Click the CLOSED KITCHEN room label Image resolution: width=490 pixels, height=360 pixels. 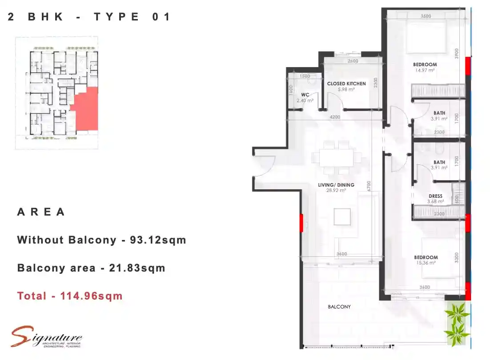346,84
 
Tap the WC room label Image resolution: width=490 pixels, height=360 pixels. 305,95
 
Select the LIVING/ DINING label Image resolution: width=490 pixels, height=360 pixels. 336,185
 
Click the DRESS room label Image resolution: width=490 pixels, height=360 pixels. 435,196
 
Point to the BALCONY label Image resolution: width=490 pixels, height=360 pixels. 339,307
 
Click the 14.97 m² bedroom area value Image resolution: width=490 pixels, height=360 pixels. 425,70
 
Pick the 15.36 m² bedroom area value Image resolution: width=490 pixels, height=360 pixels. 426,263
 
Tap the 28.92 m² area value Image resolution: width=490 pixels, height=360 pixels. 336,190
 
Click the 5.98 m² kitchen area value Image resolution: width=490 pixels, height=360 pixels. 346,89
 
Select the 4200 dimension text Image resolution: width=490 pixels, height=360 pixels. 335,117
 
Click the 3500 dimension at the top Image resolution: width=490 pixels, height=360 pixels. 426,16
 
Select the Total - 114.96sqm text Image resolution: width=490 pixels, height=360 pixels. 70,296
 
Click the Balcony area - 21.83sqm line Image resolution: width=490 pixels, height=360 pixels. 91,268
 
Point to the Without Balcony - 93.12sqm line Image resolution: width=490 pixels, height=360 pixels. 101,240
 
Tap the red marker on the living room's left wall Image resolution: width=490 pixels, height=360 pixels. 301,222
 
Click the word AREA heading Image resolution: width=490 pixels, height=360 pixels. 41,212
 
